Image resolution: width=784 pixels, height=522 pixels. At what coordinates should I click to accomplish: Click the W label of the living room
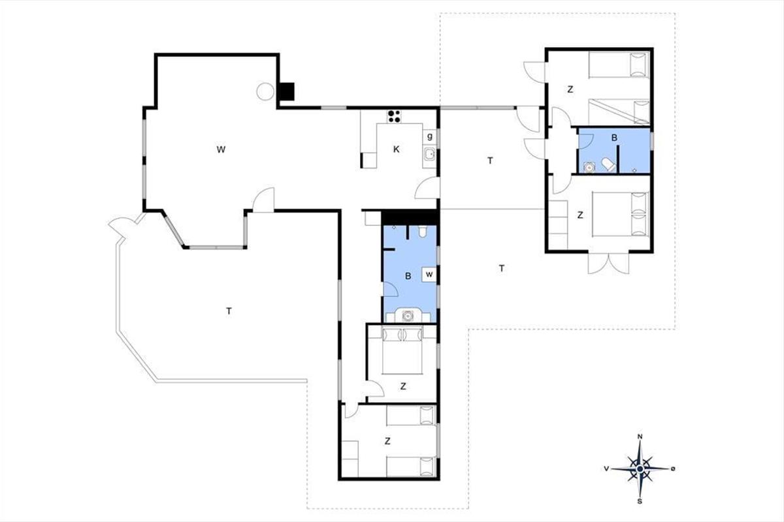click(221, 149)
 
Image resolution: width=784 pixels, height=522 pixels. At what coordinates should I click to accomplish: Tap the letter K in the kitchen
click(396, 149)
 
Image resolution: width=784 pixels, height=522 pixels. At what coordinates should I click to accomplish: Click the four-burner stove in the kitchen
click(394, 116)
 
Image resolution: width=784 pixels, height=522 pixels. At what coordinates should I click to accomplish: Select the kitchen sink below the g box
click(429, 154)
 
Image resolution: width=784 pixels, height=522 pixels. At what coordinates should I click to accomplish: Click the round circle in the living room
click(265, 91)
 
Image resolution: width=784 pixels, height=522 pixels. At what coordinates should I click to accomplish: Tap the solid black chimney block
click(287, 91)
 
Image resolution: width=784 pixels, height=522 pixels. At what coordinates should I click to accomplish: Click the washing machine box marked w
click(429, 275)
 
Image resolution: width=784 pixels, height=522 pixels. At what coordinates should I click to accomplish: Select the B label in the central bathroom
click(408, 276)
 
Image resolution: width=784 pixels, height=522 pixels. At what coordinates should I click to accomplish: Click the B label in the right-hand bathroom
click(614, 138)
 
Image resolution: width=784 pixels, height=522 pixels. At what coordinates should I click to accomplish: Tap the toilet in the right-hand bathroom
click(609, 164)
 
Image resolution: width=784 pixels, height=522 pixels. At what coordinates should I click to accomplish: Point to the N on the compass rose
click(640, 437)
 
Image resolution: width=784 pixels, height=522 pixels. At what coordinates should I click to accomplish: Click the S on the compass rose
click(640, 501)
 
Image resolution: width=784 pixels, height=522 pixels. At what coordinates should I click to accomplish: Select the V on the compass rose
click(606, 469)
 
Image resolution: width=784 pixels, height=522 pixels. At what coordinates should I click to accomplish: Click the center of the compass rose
click(640, 469)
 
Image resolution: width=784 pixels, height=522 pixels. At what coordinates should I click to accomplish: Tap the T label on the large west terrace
click(229, 311)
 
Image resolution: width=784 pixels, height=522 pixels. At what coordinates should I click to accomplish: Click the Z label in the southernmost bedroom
click(387, 441)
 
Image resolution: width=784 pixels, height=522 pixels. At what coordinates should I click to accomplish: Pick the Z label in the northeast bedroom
click(570, 89)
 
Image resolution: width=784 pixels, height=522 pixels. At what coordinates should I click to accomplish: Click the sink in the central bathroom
click(408, 315)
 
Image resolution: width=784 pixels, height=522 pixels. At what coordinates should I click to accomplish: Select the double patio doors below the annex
click(608, 263)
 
